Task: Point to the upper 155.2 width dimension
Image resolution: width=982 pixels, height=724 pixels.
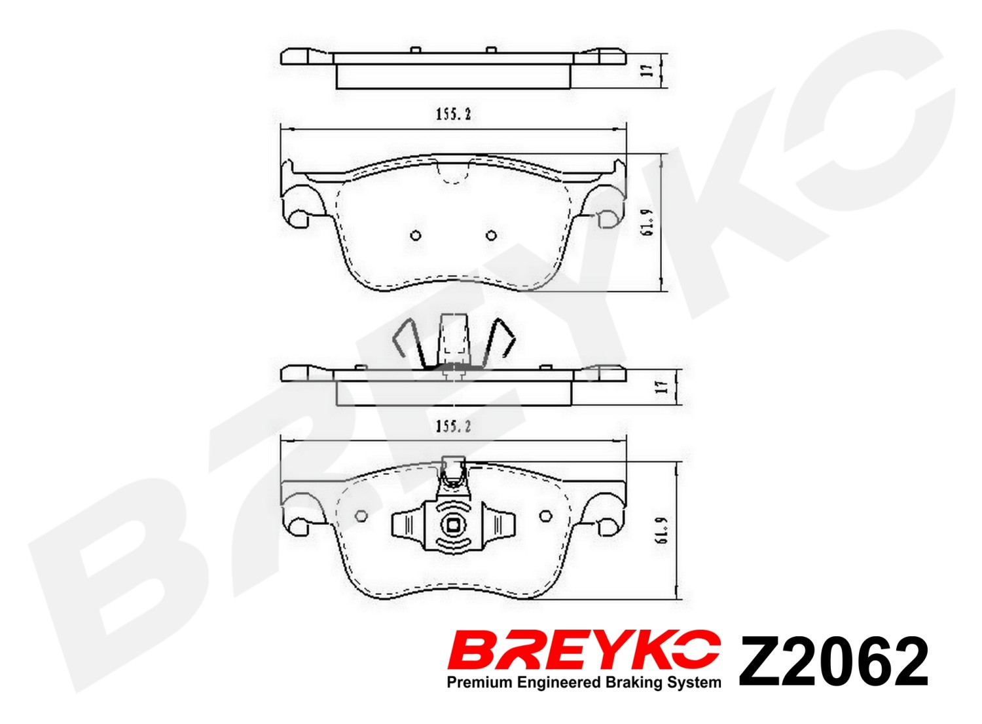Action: (453, 115)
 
